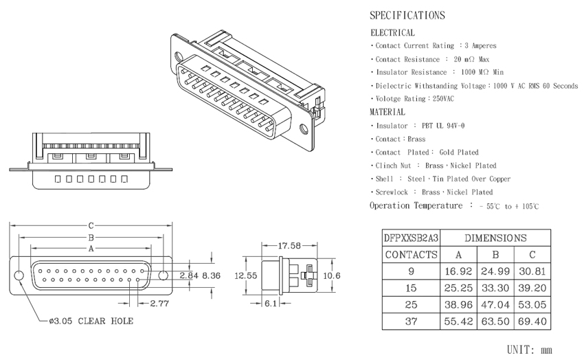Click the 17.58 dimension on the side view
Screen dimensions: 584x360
tap(289, 246)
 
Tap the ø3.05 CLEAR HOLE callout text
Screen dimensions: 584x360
tap(91, 321)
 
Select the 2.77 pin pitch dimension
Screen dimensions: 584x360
tap(159, 304)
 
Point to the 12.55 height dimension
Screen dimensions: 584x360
tap(246, 276)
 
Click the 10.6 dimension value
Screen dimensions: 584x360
tap(331, 276)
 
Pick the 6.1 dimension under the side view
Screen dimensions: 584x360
tap(271, 304)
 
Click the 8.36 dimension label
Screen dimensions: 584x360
tap(211, 276)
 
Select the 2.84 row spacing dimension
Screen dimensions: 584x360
tap(189, 276)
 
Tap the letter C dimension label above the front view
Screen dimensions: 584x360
tap(91, 225)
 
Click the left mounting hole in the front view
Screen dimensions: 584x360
tap(19, 275)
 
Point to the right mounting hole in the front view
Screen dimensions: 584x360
tap(163, 275)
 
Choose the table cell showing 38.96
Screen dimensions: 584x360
tap(458, 305)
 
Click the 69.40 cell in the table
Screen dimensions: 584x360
tap(532, 322)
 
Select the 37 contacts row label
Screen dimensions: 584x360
tap(411, 322)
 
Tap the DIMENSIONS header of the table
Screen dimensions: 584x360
tap(495, 238)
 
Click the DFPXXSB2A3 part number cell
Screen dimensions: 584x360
tap(411, 238)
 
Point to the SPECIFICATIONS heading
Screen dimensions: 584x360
tap(407, 15)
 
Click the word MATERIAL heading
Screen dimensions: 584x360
tap(388, 112)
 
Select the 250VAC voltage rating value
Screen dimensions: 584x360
tap(443, 99)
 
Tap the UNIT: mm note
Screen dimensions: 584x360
tap(529, 350)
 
